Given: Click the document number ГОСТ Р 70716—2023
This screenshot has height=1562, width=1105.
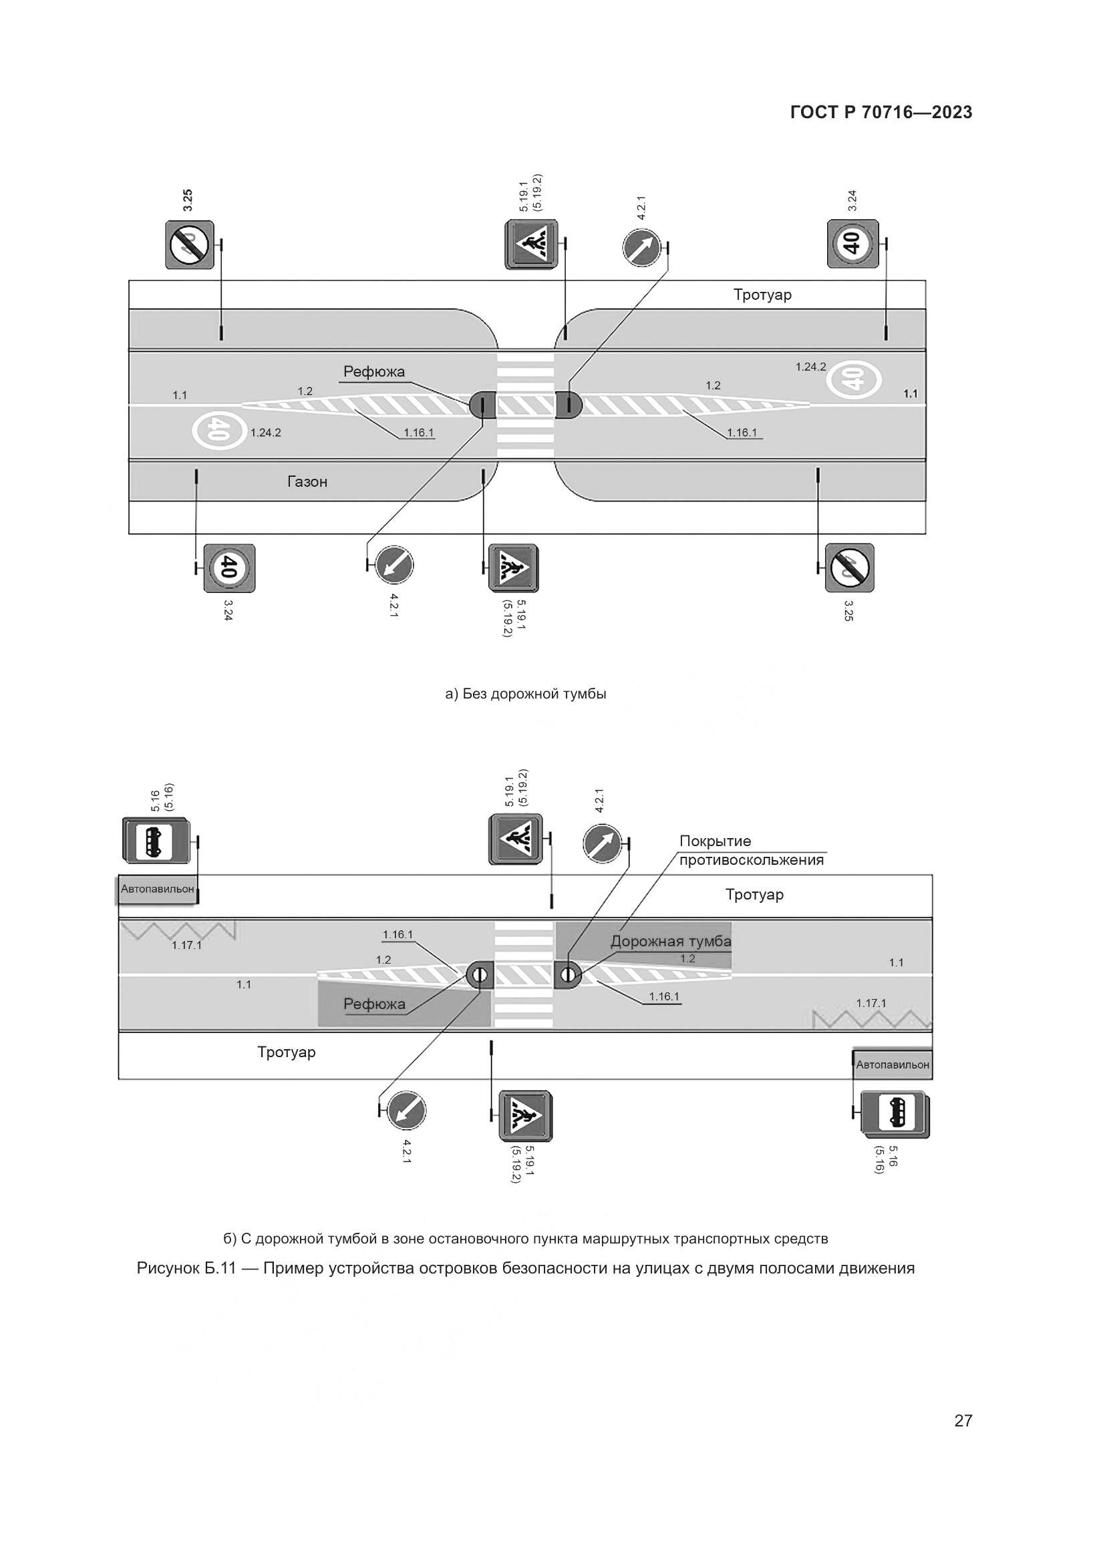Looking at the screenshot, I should pos(881,113).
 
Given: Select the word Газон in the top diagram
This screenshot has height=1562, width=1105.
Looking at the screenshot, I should pos(307,481).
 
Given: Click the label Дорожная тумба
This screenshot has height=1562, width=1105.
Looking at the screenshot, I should pos(670,942).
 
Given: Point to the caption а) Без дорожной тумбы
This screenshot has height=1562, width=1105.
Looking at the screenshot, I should pos(525,694).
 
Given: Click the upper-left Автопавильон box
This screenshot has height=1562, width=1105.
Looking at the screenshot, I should pos(157,889).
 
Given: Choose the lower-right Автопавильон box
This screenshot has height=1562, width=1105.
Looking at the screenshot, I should pos(892,1064).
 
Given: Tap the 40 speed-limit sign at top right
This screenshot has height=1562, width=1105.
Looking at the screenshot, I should pos(852,244).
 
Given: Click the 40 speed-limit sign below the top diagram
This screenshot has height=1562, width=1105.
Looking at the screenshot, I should pos(229,568).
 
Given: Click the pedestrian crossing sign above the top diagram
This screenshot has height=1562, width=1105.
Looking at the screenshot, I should pos(530,244).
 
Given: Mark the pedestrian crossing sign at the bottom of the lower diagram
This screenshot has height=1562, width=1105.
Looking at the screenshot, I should pos(524,1116).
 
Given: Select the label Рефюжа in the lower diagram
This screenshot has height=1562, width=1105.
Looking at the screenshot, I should pos(374,1004).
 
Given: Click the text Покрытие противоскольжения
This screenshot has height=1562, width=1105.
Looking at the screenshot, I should pos(751,850).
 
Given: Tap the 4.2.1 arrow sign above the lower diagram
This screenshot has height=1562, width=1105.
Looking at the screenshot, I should pos(603,843).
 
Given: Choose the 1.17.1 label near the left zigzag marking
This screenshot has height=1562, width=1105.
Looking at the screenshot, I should pos(186,945).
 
